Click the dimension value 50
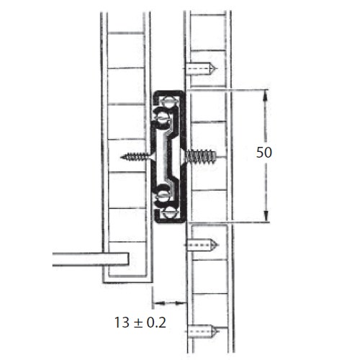[x=264, y=152]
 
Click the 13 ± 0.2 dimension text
[x=140, y=323]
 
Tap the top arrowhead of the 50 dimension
[x=266, y=95]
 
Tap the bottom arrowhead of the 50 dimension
[x=266, y=216]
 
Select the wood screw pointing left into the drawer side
[x=136, y=157]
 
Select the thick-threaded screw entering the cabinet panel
[x=200, y=156]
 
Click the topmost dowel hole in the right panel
[x=201, y=68]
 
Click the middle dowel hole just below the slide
[x=202, y=245]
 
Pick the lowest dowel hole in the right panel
[x=203, y=331]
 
